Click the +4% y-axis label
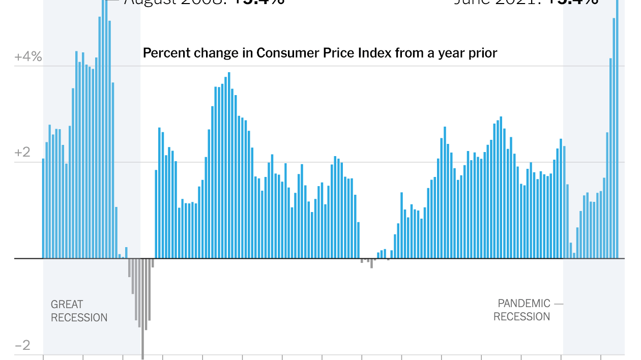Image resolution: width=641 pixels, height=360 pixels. click(x=28, y=56)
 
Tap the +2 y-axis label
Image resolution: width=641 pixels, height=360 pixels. click(x=22, y=153)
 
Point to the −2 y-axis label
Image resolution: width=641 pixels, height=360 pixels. click(x=22, y=346)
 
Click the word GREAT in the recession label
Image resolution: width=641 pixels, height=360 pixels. click(x=67, y=305)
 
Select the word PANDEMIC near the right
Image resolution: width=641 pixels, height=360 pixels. click(x=524, y=304)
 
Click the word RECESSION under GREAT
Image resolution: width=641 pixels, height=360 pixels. click(x=79, y=318)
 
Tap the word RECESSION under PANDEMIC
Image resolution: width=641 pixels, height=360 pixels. click(x=521, y=317)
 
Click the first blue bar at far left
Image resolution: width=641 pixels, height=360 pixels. click(x=43, y=208)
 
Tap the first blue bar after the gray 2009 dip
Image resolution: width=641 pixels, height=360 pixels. click(x=156, y=214)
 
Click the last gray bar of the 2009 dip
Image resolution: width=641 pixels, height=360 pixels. click(x=153, y=263)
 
